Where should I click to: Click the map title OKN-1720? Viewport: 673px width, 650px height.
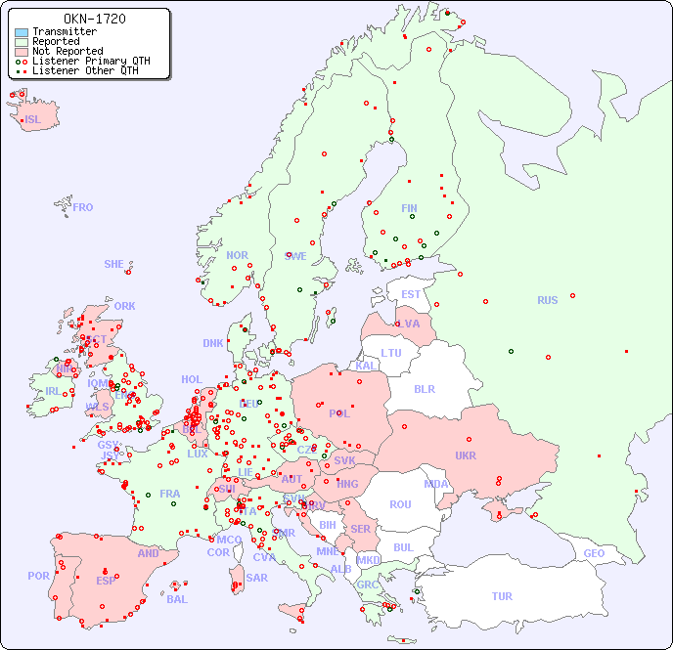94,19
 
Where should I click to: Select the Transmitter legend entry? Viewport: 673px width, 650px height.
64,31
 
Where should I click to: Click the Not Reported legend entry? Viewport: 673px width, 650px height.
67,51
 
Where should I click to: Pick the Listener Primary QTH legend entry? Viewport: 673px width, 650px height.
91,61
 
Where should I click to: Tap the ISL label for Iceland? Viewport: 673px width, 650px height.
33,120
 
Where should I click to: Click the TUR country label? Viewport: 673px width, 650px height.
502,596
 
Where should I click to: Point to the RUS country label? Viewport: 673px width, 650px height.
547,300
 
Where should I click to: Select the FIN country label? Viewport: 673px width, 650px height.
409,208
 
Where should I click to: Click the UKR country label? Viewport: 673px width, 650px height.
465,455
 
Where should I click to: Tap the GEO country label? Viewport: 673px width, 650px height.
594,553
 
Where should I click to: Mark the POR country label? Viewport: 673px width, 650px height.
38,576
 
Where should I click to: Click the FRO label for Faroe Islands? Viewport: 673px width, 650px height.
83,207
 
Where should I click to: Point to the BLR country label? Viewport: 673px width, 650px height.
424,388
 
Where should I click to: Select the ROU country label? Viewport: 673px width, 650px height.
400,504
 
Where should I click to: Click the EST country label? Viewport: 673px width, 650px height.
411,294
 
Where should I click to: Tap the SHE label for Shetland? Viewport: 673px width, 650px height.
113,264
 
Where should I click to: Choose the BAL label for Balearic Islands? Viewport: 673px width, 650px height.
176,599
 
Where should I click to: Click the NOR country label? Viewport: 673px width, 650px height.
237,255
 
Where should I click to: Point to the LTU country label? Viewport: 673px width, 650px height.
391,353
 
